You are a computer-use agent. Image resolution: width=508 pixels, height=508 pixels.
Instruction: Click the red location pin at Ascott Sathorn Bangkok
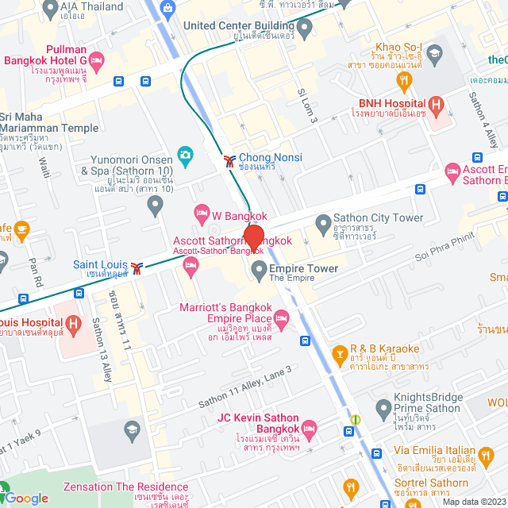(x=253, y=237)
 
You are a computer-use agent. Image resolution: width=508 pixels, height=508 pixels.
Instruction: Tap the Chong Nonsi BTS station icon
(x=229, y=160)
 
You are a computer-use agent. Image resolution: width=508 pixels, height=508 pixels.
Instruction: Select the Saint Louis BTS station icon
(x=138, y=267)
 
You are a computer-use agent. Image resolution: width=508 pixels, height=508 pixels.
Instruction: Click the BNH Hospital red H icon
(x=435, y=104)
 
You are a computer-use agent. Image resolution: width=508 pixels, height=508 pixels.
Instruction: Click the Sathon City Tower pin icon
(x=322, y=221)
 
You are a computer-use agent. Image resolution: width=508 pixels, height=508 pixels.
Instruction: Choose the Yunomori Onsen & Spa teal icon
(x=185, y=153)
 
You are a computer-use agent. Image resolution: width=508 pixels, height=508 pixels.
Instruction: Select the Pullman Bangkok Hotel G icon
(x=97, y=60)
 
